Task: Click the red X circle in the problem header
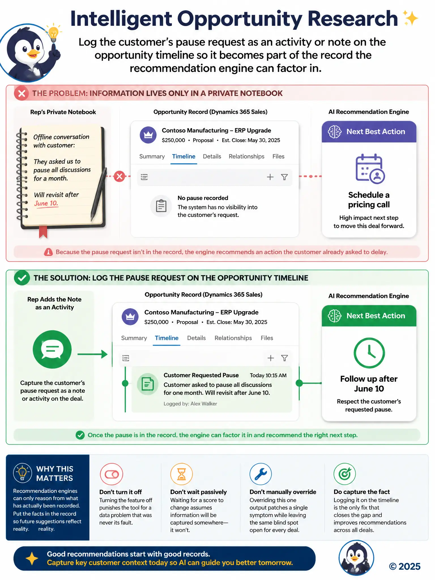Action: pyautogui.click(x=22, y=93)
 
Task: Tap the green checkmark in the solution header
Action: pyautogui.click(x=22, y=278)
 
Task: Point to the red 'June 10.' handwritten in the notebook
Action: pyautogui.click(x=46, y=203)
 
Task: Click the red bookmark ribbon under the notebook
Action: pyautogui.click(x=43, y=232)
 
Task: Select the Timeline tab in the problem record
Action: pyautogui.click(x=184, y=156)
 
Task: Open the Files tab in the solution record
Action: pyautogui.click(x=267, y=338)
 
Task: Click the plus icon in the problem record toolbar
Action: pyautogui.click(x=270, y=177)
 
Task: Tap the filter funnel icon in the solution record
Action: pyautogui.click(x=284, y=358)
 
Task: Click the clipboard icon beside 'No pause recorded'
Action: pyautogui.click(x=161, y=206)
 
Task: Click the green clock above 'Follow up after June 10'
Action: pyautogui.click(x=369, y=353)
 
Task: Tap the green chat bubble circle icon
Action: pyautogui.click(x=52, y=349)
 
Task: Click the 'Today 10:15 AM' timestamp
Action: pyautogui.click(x=268, y=375)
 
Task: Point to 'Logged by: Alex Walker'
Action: pyautogui.click(x=190, y=404)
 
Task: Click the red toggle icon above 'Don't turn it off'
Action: pyautogui.click(x=112, y=474)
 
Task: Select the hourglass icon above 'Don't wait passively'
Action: pyautogui.click(x=181, y=474)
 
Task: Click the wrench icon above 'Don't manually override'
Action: pyautogui.click(x=261, y=474)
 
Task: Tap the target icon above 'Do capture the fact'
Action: pyautogui.click(x=345, y=474)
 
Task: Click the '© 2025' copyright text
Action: pyautogui.click(x=405, y=566)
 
